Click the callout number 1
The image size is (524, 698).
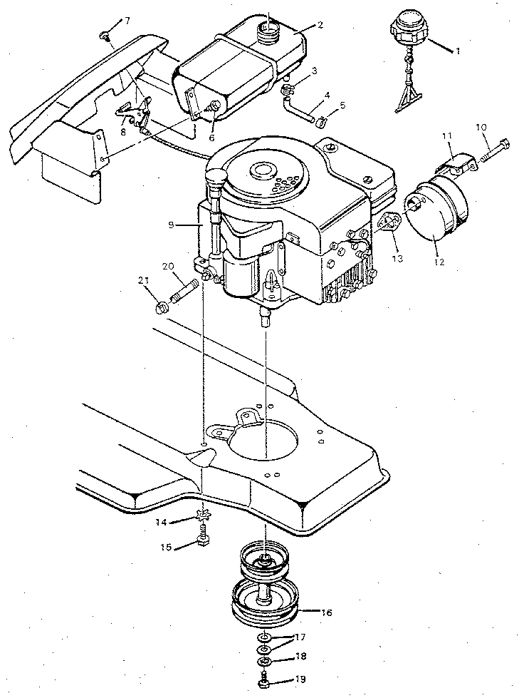point(459,51)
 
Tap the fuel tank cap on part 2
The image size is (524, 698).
point(268,29)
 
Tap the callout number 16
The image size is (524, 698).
point(326,611)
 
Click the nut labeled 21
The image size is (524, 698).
point(160,307)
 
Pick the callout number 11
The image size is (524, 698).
point(446,135)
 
